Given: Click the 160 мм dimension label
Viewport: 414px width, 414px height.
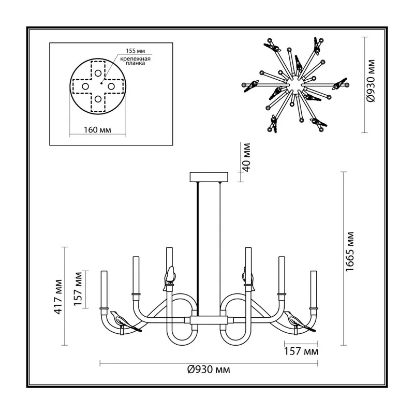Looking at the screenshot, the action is [97, 130].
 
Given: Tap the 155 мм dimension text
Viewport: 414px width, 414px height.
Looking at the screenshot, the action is [135, 51].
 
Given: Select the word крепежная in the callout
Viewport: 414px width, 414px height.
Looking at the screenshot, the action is [135, 59].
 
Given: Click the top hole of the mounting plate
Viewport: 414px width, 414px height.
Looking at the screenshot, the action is [98, 73].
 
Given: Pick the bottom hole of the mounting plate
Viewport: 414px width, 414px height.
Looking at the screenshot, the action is [98, 99].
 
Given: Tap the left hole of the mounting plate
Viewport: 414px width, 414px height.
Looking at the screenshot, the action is [85, 86].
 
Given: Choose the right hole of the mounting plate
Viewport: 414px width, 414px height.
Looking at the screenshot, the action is [111, 86].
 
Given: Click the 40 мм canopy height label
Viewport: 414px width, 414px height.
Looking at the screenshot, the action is [246, 157].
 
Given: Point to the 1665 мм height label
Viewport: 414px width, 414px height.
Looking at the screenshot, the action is [349, 252].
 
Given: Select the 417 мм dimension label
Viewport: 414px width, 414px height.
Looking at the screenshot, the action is [58, 297].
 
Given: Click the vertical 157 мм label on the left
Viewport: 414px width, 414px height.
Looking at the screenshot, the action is [78, 289].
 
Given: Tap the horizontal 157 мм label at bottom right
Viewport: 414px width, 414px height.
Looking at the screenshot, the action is [301, 351].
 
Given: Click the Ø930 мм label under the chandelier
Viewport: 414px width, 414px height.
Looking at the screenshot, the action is [209, 369].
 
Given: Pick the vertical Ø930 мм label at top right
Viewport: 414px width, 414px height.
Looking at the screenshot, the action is [371, 81].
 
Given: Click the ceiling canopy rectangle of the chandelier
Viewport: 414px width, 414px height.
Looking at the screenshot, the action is [209, 177].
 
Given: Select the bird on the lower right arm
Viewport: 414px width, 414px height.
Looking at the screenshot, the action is [299, 321].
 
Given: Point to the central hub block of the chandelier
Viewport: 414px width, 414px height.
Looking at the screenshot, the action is [209, 320].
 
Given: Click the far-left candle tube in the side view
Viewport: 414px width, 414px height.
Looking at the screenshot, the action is [104, 289].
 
